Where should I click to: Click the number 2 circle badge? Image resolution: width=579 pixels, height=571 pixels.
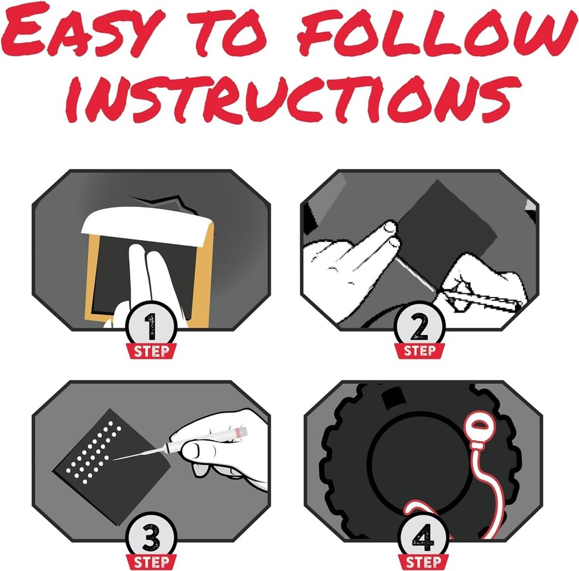(419, 326)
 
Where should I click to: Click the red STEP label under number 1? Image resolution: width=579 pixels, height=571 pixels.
(151, 351)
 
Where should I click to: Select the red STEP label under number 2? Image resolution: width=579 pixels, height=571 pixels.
(419, 351)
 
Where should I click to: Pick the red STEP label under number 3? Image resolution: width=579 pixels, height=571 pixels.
(151, 563)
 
